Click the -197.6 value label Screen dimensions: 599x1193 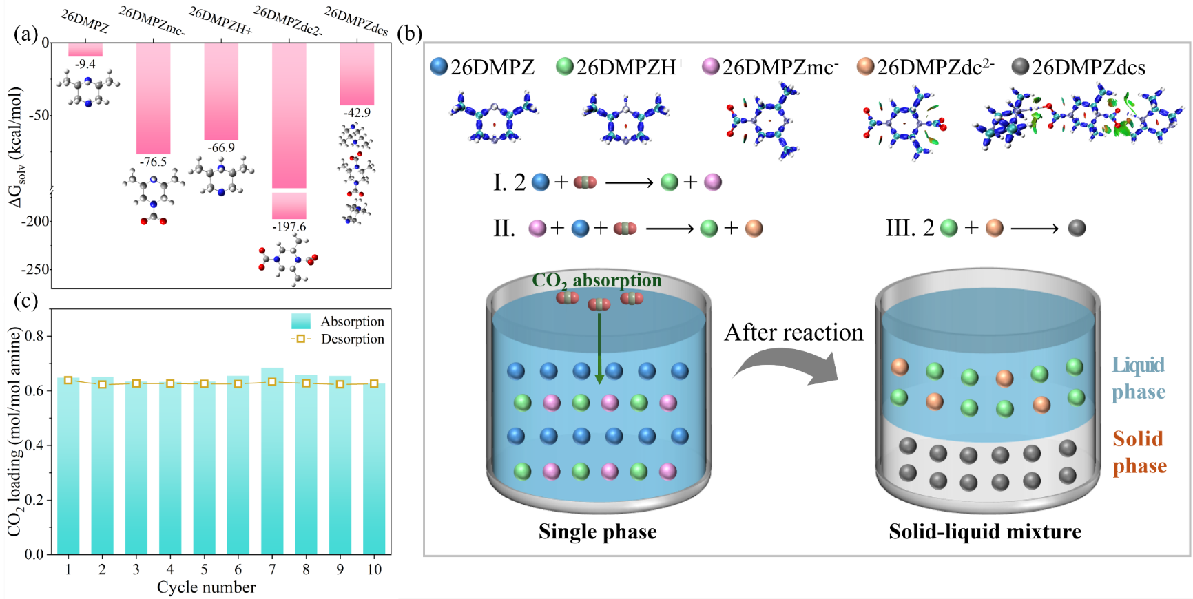289,227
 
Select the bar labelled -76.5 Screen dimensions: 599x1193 153,98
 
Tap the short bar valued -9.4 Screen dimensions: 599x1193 85,50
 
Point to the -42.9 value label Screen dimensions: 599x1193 357,112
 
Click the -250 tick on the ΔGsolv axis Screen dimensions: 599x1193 35,269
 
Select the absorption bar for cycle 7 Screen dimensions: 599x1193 272,461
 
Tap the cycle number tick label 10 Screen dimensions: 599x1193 374,569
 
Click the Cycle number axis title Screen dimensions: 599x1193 206,587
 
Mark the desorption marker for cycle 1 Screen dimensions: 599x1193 68,380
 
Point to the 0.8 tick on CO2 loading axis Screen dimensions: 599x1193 34,336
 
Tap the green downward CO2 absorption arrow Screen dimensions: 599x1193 599,348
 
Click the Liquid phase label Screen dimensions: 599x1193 1138,378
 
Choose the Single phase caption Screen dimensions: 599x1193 597,532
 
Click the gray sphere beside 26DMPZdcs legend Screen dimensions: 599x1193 1020,67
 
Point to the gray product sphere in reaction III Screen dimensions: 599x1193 1076,228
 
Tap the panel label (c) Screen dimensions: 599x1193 26,301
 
